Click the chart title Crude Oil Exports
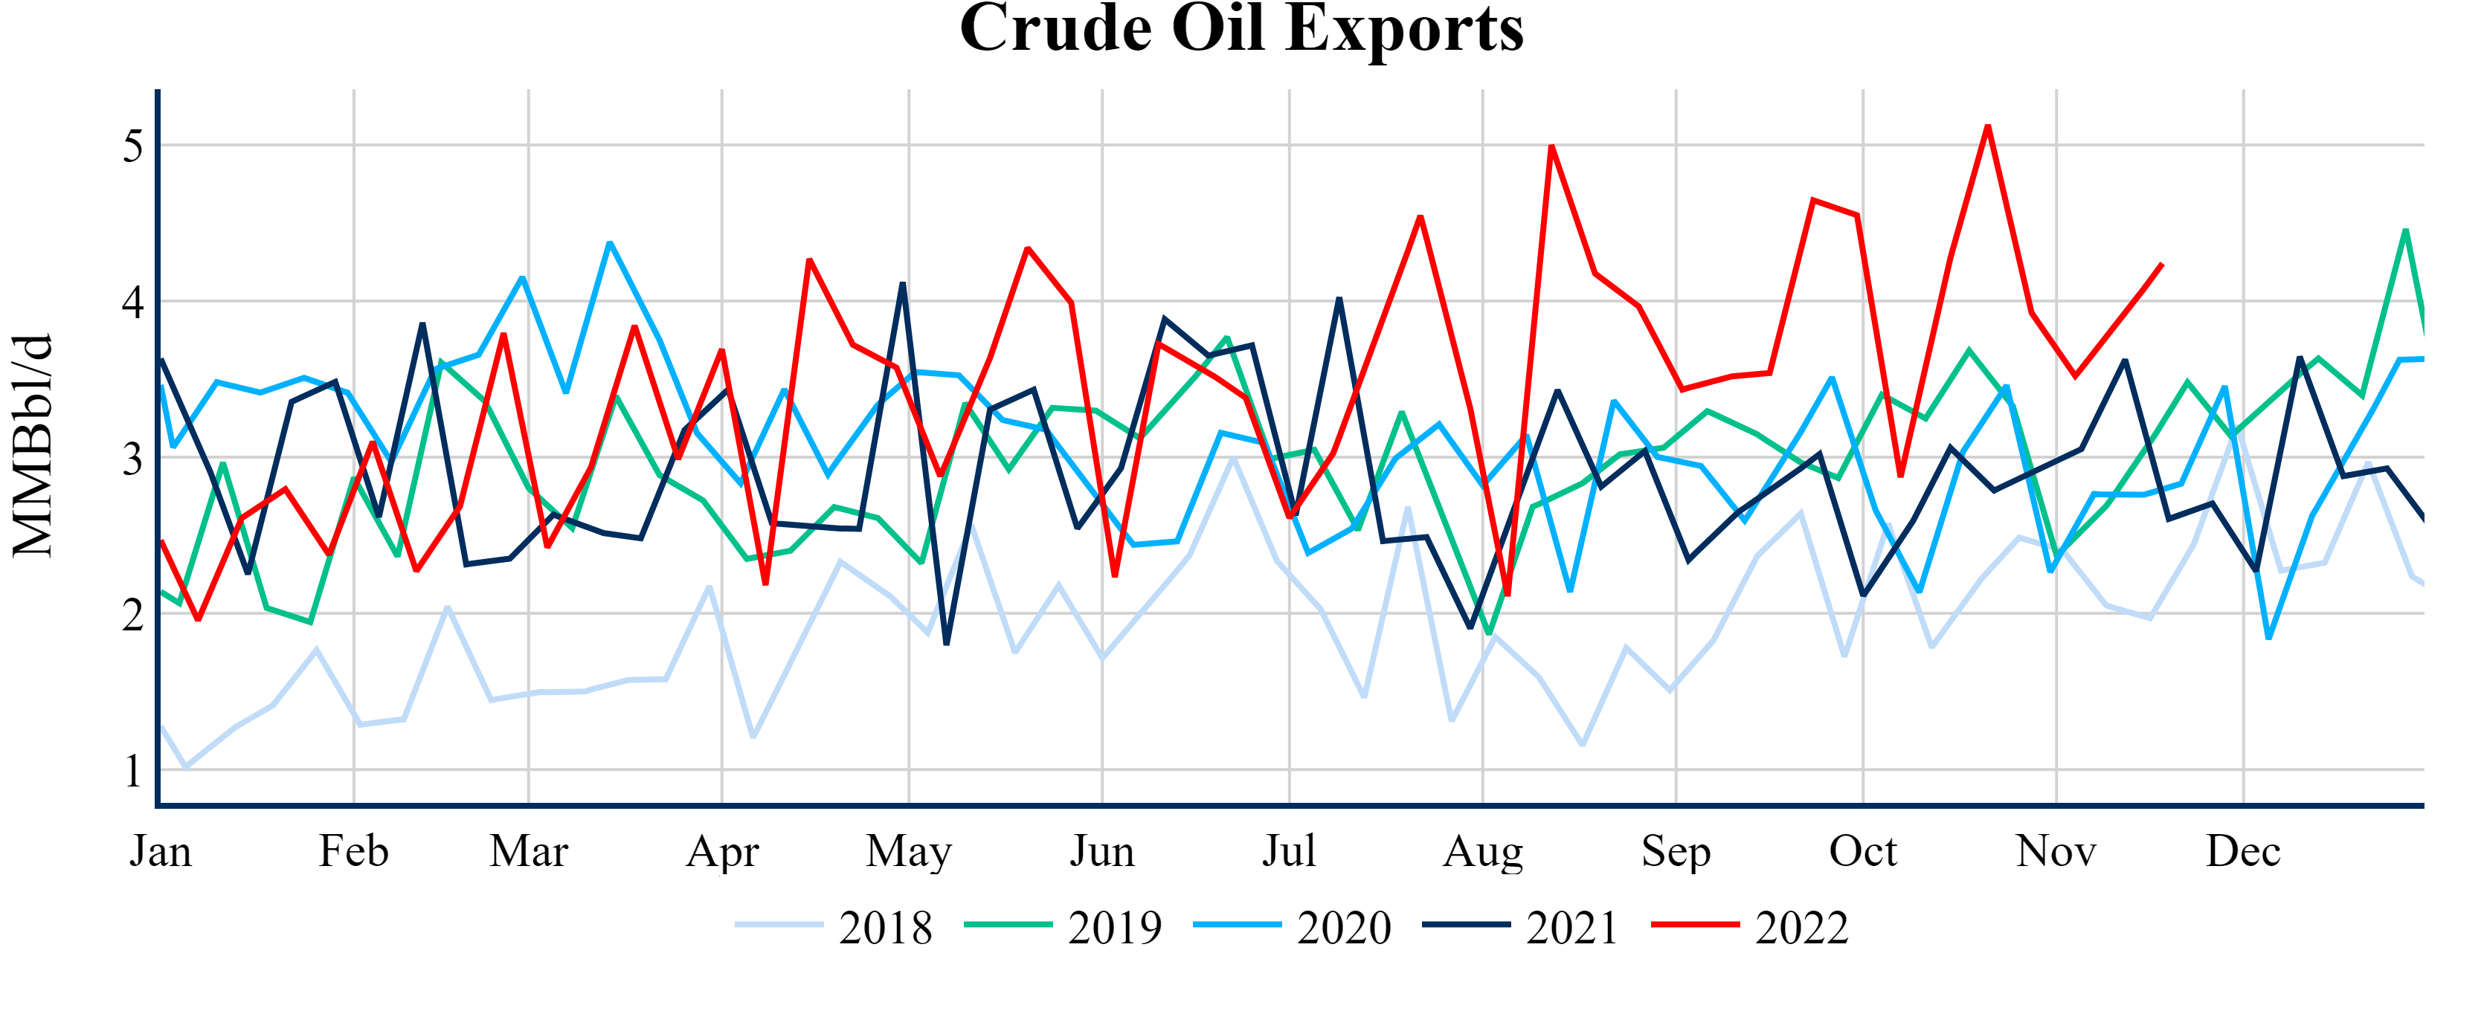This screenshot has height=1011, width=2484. pos(1241,29)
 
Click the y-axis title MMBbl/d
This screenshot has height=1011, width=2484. pos(33,446)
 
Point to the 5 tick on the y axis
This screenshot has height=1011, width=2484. pos(133,146)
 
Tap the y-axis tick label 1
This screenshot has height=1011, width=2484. pos(133,771)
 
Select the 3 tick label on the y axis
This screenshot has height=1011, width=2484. pos(133,459)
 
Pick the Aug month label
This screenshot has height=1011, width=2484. pos(1482,851)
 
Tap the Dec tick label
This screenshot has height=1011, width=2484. pos(2243,851)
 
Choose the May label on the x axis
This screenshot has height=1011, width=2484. pos(908,851)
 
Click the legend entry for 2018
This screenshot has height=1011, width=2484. pos(834,927)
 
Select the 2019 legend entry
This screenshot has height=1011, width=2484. pos(1064,927)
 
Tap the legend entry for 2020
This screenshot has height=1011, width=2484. pos(1292,927)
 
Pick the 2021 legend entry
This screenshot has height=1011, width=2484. pos(1521,927)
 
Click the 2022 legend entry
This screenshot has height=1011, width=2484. pos(1750,927)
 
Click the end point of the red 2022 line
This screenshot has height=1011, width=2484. pos(2163,263)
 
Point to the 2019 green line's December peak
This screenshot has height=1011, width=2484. pos(2406,230)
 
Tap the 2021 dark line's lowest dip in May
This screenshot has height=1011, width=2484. pos(947,644)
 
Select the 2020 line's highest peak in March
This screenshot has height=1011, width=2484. pos(609,243)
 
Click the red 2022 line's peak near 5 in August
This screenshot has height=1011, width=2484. pos(1551,146)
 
